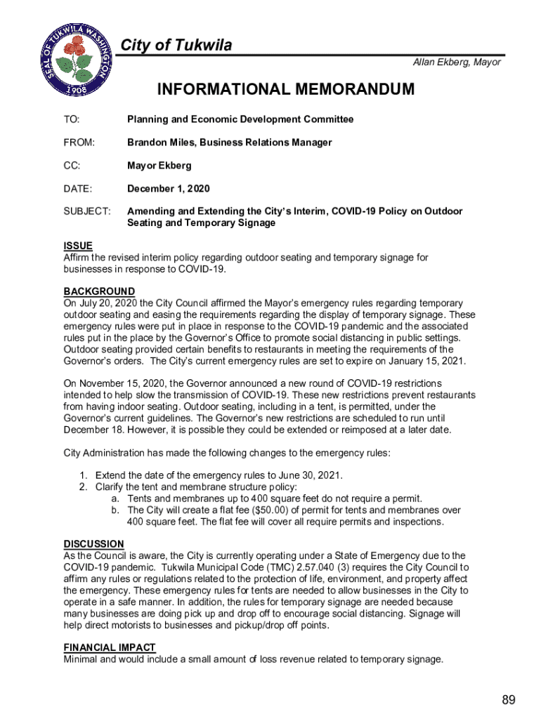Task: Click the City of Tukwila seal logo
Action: pos(74,62)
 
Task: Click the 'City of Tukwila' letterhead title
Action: pos(176,46)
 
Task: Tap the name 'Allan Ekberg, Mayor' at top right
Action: pos(457,62)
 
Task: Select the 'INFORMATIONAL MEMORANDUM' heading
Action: pos(286,90)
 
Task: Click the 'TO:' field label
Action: pos(72,119)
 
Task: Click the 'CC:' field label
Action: pos(72,166)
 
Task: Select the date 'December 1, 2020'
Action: pos(168,189)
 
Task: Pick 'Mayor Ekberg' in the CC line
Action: pos(159,166)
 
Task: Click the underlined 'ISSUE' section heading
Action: pos(78,246)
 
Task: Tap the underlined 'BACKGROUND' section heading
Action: pos(99,291)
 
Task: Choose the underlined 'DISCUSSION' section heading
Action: pos(94,544)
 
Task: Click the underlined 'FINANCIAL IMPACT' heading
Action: pos(110,647)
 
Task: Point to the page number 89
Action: pos(509,699)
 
